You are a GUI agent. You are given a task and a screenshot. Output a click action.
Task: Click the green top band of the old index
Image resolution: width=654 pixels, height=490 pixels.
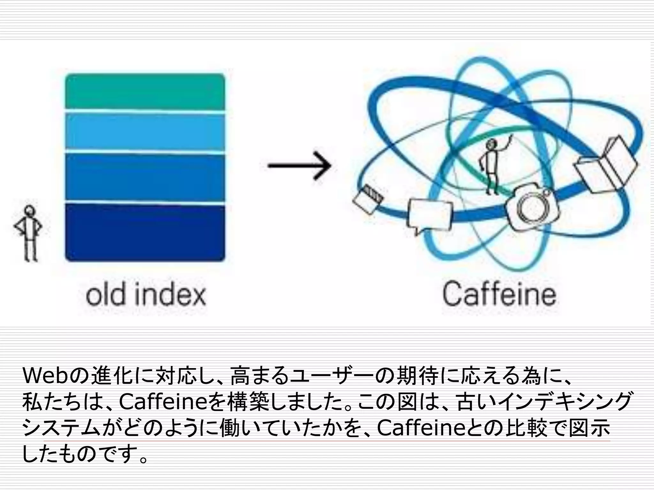(145, 91)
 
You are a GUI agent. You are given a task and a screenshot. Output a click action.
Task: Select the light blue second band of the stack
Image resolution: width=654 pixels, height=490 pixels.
(145, 131)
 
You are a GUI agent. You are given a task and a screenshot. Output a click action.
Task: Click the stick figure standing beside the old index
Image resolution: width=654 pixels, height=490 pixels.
(29, 233)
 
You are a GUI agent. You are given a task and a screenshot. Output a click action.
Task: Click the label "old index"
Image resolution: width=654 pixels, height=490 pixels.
(146, 295)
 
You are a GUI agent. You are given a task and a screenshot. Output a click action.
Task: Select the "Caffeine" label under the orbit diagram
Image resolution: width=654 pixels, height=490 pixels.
(499, 294)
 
